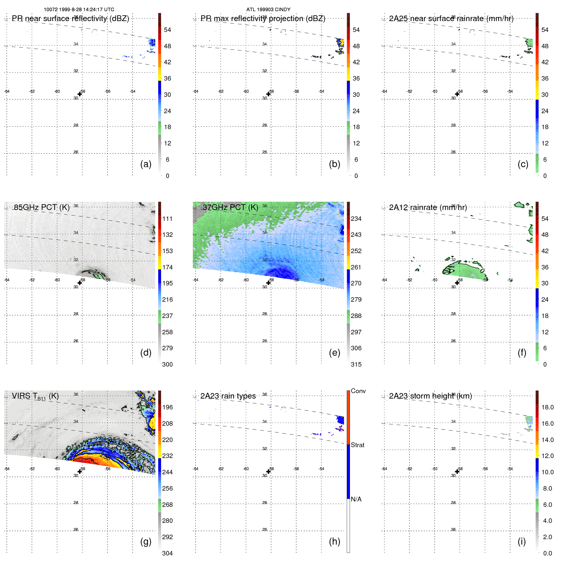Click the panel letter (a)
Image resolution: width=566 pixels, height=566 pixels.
146,164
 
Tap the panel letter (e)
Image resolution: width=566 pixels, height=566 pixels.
334,353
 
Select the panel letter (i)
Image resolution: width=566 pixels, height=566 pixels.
522,541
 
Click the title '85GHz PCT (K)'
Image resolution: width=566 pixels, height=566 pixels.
42,207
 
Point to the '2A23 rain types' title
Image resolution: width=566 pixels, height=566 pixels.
228,396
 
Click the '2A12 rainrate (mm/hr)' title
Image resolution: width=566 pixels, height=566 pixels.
428,207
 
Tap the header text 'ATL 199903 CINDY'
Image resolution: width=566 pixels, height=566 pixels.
268,10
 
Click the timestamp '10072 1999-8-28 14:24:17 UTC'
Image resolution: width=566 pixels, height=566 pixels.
79,10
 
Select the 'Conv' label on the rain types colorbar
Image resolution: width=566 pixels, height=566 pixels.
358,391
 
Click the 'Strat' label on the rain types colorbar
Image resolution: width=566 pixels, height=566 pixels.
357,445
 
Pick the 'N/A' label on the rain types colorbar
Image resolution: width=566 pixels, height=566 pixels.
356,499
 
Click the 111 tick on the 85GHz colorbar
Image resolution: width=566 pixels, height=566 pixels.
167,219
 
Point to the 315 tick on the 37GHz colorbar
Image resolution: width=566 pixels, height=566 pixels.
356,364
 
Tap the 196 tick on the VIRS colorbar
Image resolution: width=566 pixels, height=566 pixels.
167,407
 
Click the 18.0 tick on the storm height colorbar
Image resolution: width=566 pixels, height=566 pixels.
547,407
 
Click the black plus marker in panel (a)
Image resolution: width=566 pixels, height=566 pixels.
80,94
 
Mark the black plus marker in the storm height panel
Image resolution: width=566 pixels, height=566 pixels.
457,471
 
